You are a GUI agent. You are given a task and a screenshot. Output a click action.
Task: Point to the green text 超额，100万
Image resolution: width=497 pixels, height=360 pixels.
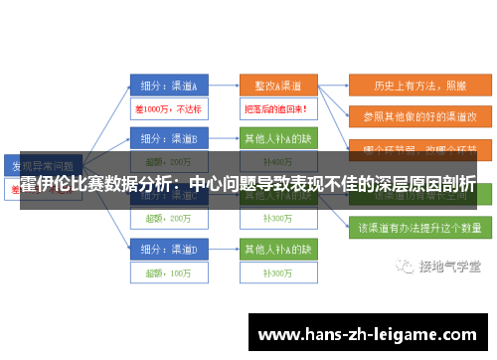pos(167,271)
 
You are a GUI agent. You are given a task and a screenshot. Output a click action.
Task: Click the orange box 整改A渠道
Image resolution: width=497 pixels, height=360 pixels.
pos(277,85)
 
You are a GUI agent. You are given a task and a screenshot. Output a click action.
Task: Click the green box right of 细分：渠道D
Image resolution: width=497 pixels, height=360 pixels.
pos(277,246)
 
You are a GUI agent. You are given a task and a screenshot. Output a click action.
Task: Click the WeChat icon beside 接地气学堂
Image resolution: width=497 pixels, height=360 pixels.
pos(406,266)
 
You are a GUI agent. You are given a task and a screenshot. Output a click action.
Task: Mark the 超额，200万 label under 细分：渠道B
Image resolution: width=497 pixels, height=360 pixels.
pos(167,161)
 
